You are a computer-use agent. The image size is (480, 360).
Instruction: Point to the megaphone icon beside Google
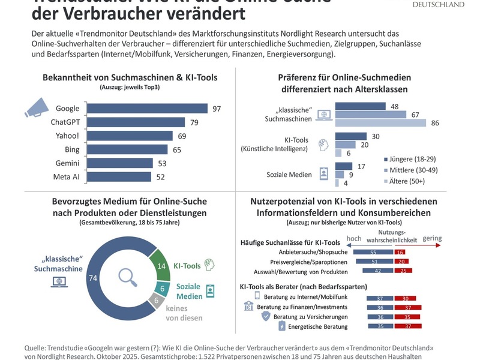coord(35,110)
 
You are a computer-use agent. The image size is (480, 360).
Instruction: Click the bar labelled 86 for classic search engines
coord(380,122)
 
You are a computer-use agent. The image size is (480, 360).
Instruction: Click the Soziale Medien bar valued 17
coord(344,166)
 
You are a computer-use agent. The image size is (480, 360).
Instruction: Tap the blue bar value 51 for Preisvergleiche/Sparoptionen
coord(373,262)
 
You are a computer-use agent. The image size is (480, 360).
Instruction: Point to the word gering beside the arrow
coord(432,238)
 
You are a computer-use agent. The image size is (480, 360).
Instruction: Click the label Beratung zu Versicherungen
coord(310,316)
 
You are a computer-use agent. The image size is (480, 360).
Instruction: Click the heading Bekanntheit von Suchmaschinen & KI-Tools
coord(130,77)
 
